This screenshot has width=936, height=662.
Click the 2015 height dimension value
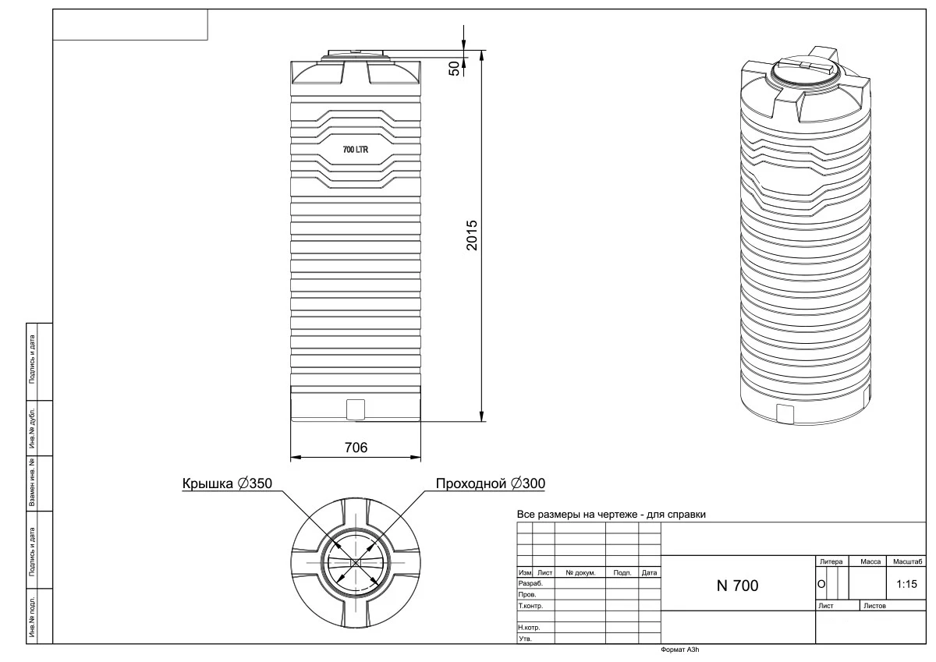(x=472, y=235)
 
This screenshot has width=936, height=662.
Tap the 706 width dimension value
(x=356, y=447)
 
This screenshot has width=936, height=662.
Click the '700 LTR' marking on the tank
(x=356, y=150)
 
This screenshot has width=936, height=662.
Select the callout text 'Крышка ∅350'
(x=227, y=483)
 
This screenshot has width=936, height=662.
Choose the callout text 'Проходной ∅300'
(x=489, y=483)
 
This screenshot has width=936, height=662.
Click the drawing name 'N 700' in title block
(x=737, y=586)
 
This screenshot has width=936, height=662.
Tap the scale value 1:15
(x=906, y=583)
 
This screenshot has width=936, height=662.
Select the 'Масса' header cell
(x=870, y=561)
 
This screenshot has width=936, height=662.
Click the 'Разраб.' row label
(x=530, y=583)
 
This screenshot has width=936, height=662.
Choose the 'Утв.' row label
(x=525, y=639)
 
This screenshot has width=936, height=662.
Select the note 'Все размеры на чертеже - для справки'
(x=612, y=515)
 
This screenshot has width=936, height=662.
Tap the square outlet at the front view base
(x=356, y=408)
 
